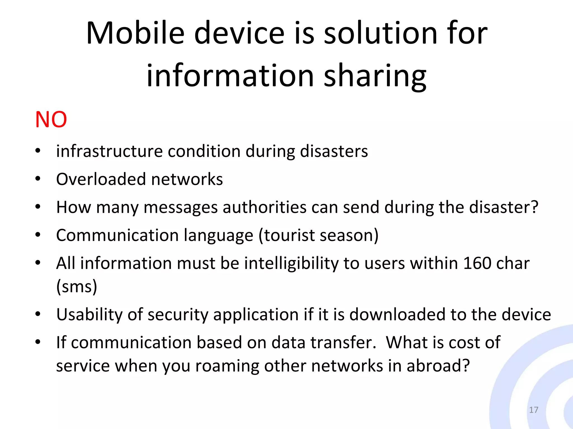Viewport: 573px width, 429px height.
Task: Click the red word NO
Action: (x=51, y=120)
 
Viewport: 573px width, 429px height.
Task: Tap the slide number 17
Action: (x=534, y=410)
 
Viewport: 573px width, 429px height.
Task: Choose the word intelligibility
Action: (x=291, y=263)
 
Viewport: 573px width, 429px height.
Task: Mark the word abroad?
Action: (x=438, y=366)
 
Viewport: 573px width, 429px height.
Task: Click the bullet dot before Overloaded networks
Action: (x=38, y=179)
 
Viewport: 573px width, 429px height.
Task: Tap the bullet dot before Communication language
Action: (x=38, y=235)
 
